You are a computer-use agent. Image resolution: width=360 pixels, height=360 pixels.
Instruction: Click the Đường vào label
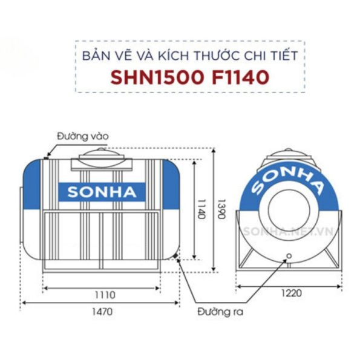(x=83, y=136)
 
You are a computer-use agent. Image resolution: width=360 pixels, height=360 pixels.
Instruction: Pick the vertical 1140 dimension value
(x=201, y=208)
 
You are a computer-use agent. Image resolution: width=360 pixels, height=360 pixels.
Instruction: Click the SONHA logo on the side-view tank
(x=102, y=192)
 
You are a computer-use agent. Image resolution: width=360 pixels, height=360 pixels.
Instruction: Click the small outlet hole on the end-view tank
(x=288, y=255)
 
